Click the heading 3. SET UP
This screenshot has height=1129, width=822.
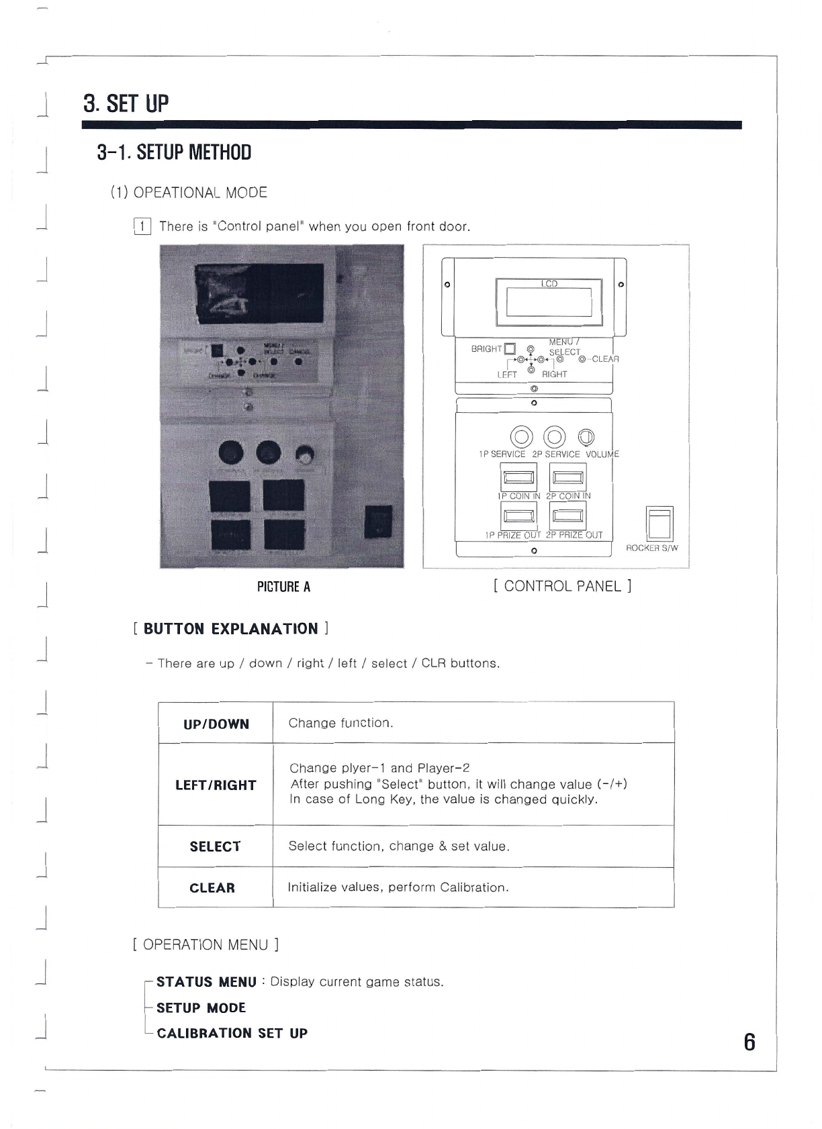coord(126,104)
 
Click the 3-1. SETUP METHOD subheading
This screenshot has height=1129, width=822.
coord(174,153)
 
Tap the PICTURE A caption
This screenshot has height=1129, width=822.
coord(283,587)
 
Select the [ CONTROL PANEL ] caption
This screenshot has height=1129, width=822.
coord(562,586)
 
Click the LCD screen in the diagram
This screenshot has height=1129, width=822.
coord(549,302)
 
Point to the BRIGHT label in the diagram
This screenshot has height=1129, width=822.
coord(486,349)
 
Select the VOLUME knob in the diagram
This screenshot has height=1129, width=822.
coord(586,437)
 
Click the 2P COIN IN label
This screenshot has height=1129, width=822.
coord(568,496)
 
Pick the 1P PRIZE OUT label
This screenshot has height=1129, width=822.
coord(512,535)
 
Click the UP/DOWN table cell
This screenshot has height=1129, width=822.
coord(216,724)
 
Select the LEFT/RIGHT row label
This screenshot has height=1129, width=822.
coord(216,785)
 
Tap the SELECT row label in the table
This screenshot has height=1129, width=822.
coord(215,847)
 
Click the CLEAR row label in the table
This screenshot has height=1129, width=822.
coord(212,889)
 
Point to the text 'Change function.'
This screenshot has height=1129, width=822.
coord(340,723)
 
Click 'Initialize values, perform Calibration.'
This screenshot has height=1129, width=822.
coord(398,887)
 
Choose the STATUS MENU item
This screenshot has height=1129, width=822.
coord(206,983)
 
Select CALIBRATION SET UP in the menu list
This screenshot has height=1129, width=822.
coord(232,1034)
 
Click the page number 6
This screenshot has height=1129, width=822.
coord(749,1043)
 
